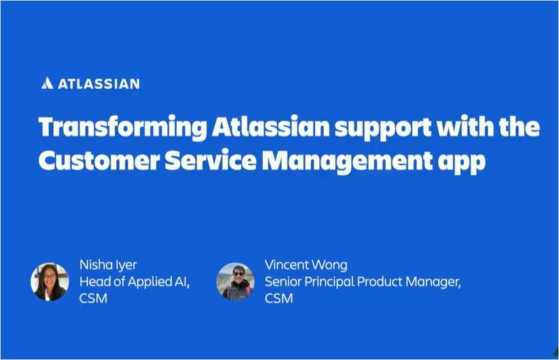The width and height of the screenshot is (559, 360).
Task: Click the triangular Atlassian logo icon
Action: pyautogui.click(x=47, y=83)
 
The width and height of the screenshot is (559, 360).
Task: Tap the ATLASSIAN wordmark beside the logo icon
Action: pyautogui.click(x=99, y=84)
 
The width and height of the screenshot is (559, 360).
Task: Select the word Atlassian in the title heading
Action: pyautogui.click(x=268, y=127)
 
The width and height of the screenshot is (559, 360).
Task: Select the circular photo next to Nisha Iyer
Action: pyautogui.click(x=50, y=282)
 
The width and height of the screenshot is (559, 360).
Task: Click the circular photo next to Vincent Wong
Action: pyautogui.click(x=235, y=282)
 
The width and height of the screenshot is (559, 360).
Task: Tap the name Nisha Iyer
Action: pyautogui.click(x=108, y=265)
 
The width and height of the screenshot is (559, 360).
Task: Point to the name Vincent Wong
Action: pyautogui.click(x=305, y=265)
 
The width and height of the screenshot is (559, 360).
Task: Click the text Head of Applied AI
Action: pyautogui.click(x=134, y=282)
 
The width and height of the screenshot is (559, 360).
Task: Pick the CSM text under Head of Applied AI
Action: pyautogui.click(x=93, y=299)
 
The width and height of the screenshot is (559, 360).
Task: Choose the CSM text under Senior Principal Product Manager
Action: pyautogui.click(x=279, y=299)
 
